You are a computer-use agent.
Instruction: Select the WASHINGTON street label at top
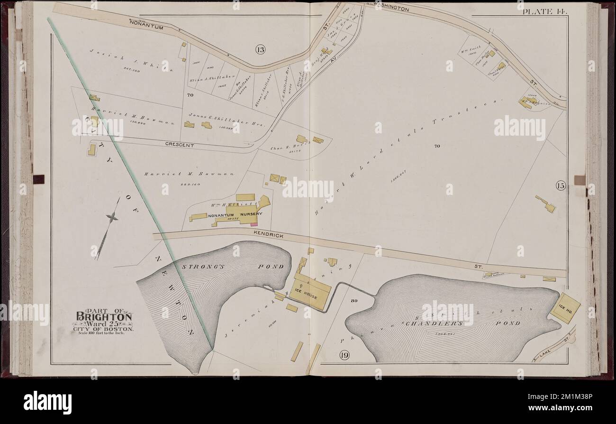(391, 9)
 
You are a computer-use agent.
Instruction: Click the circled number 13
(260, 49)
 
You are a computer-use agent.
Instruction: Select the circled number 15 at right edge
(561, 186)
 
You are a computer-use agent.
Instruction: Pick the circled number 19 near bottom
(344, 355)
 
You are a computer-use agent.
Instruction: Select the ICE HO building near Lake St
(565, 308)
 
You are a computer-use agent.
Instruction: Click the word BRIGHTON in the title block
(104, 317)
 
